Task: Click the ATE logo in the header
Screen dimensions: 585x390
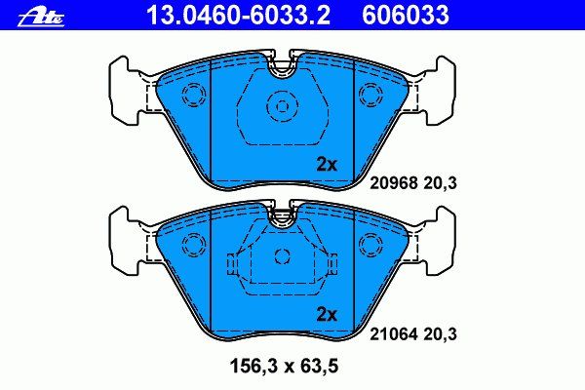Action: (x=41, y=19)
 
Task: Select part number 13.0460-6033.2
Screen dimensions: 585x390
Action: (x=238, y=16)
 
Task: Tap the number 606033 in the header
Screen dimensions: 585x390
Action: (x=406, y=16)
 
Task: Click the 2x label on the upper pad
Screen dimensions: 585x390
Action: (x=327, y=164)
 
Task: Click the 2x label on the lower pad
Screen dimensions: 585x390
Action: (x=327, y=315)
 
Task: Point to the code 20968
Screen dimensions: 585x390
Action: (x=394, y=183)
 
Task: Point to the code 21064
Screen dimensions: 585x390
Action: (x=394, y=334)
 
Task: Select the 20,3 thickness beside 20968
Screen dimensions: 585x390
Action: (x=441, y=183)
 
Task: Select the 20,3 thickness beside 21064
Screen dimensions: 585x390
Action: (x=441, y=334)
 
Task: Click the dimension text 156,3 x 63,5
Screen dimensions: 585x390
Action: (x=285, y=366)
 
